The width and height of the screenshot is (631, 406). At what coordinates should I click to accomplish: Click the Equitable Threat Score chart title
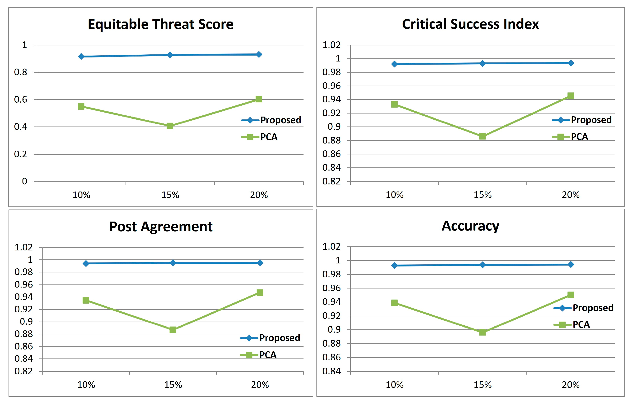coord(161,24)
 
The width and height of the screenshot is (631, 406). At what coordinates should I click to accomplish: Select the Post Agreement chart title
coord(161,227)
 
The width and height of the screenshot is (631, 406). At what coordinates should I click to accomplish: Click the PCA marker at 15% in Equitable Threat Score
coord(170,126)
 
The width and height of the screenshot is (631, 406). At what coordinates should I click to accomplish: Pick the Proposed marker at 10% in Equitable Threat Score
coord(81,57)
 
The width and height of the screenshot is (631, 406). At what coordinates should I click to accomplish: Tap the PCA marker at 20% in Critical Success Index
coord(571,96)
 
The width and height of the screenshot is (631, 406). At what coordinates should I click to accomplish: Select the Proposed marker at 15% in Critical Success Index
coord(482,64)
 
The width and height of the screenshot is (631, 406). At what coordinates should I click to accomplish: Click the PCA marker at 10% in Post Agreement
coord(86,300)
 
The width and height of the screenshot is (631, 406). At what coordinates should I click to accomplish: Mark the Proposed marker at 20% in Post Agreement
coord(260,263)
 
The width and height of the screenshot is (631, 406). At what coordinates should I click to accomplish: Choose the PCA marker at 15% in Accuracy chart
coord(482,332)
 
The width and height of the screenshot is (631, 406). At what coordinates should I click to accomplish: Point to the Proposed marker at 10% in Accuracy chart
coord(394,266)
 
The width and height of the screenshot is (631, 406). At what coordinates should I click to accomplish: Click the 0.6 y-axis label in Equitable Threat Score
coord(21,100)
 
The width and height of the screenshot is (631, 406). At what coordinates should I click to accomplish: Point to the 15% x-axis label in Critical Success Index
coord(482,195)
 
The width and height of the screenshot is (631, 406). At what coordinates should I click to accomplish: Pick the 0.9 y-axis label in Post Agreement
coord(26,322)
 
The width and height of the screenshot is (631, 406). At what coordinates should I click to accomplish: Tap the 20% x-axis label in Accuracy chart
coord(571,385)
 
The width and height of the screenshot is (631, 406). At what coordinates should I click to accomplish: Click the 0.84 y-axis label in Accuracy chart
coord(331,371)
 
